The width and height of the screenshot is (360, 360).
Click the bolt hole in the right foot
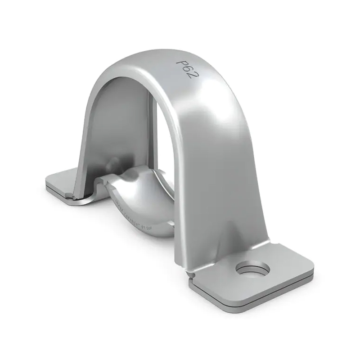pos(252,270)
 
